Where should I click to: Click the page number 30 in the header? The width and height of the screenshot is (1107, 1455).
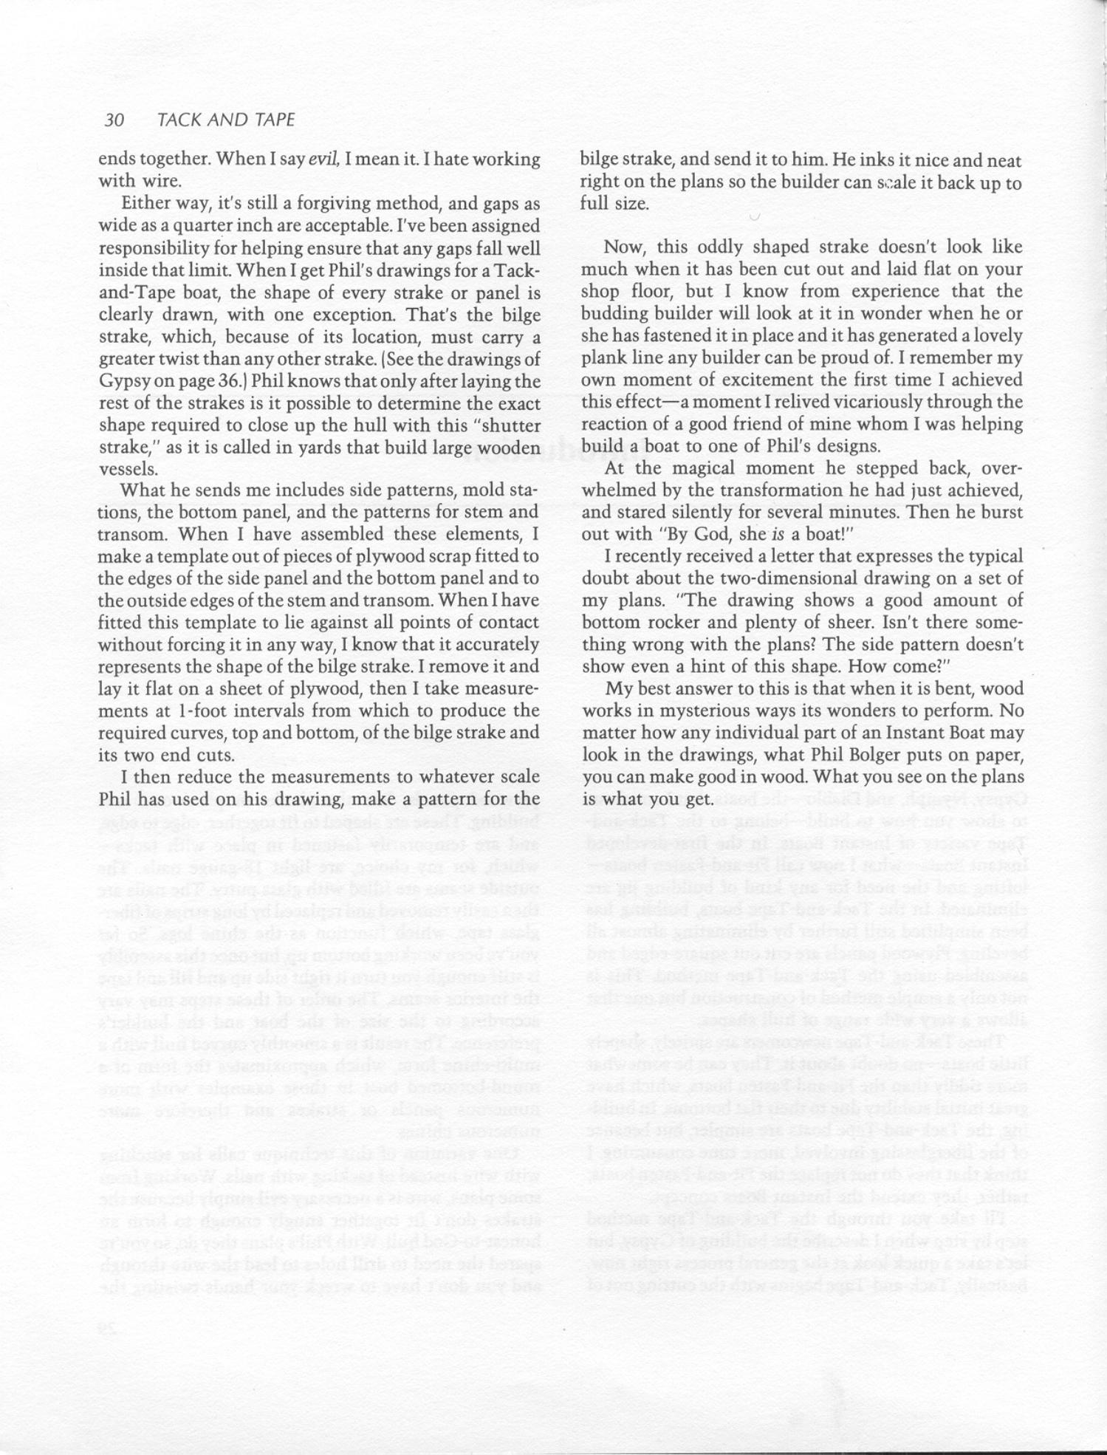point(114,120)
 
